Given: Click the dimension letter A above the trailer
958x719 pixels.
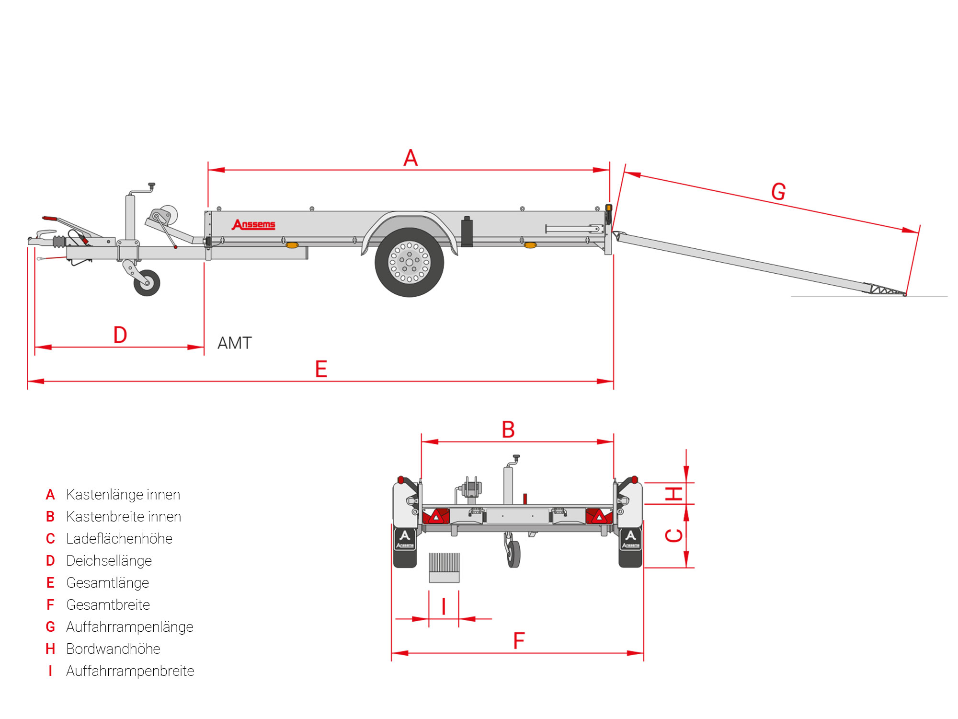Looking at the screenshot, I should (x=411, y=158).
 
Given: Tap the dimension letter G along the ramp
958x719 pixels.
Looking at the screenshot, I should (x=778, y=192).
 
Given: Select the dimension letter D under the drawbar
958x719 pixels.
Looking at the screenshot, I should (x=120, y=335).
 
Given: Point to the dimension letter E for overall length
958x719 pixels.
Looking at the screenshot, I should (x=321, y=369).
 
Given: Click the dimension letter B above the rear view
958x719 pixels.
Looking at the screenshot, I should (x=508, y=429).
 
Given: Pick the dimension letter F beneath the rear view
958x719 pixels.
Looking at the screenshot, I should (x=519, y=641).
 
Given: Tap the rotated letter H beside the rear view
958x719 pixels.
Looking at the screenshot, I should (x=674, y=493).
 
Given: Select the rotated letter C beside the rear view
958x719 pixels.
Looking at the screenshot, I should (x=674, y=535).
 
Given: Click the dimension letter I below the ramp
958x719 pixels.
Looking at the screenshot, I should (x=444, y=607).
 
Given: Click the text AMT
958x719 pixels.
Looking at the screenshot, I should (x=234, y=343).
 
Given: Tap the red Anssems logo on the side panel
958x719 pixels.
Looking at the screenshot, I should (x=254, y=224).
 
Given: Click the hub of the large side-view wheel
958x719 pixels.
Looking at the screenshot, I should (x=409, y=262).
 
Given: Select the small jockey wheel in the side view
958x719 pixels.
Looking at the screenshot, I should (x=147, y=283).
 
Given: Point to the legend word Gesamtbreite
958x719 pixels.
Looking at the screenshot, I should (x=108, y=605).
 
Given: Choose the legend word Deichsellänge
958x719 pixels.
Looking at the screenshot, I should (x=109, y=561).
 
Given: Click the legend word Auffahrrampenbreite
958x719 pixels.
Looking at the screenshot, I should (x=130, y=671).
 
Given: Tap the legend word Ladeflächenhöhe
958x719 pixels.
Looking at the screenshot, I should (x=119, y=539).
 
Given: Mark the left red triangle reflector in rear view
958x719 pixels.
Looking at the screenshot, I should (x=436, y=517).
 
